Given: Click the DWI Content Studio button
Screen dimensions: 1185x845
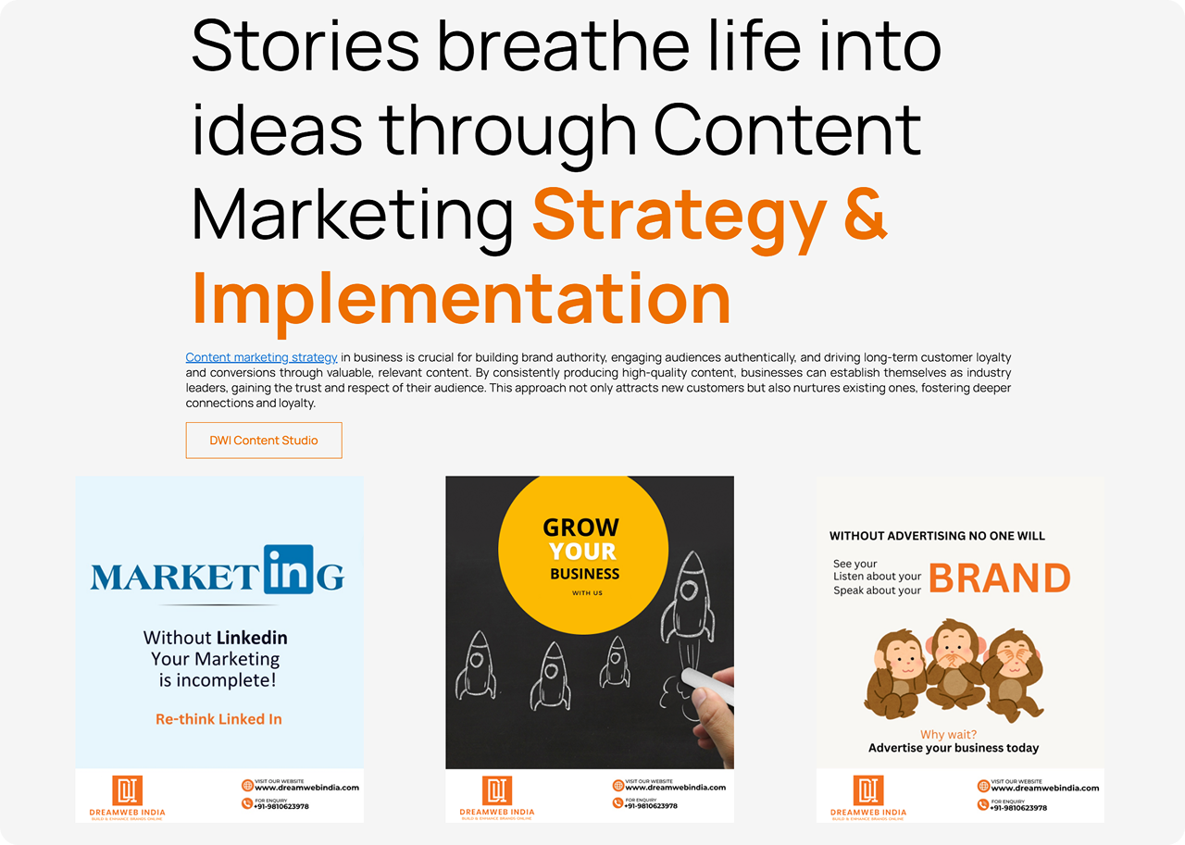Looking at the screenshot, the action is tap(264, 440).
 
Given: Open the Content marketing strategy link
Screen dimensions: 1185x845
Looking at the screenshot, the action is tap(261, 357).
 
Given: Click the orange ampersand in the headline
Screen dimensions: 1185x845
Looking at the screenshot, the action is tap(865, 214).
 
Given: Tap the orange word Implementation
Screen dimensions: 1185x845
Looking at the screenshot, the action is tap(461, 298).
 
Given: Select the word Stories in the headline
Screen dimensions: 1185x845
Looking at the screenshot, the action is tap(306, 45).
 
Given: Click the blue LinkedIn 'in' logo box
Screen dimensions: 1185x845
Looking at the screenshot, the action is tap(289, 569).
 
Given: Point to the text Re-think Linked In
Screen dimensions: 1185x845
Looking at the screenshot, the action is tap(218, 719).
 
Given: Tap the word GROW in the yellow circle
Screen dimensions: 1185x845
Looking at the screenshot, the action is tap(580, 528).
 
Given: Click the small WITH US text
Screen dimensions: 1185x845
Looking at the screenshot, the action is tap(587, 592).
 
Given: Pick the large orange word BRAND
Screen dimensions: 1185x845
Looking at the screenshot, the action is tap(1000, 578).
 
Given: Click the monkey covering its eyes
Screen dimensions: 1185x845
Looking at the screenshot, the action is tap(1012, 674).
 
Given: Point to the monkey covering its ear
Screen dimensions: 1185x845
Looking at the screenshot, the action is tap(895, 673).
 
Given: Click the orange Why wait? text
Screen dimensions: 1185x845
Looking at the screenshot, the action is tap(949, 735).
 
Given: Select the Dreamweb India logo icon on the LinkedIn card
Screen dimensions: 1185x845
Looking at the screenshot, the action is tap(128, 790).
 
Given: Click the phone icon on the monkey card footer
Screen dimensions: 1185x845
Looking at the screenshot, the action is tap(983, 804).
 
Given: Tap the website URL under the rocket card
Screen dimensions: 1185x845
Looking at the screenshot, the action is tap(676, 788).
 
